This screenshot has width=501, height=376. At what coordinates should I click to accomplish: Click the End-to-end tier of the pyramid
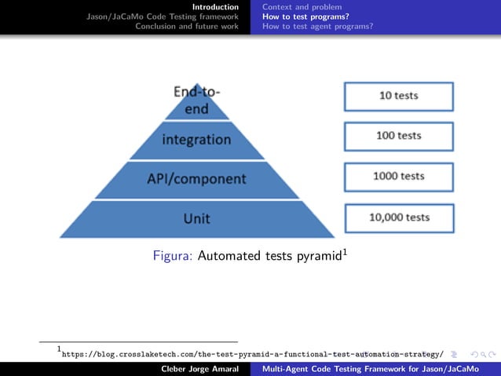196,102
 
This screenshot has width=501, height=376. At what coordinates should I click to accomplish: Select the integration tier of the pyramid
196,140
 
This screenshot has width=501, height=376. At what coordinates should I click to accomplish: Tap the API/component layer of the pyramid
196,179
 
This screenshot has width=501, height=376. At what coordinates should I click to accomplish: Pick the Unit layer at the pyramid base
196,218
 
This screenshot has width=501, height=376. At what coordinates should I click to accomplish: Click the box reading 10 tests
398,96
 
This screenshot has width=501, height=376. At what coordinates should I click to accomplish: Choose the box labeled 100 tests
398,136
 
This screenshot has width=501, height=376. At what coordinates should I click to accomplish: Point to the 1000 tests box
398,177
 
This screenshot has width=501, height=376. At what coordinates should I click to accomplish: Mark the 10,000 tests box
399,217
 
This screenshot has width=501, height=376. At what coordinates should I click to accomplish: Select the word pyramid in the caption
317,256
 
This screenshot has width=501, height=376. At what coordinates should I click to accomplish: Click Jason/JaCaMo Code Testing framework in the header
163,16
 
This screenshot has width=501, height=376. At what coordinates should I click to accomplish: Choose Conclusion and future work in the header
187,26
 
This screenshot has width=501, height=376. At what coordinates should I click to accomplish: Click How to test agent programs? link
317,26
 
